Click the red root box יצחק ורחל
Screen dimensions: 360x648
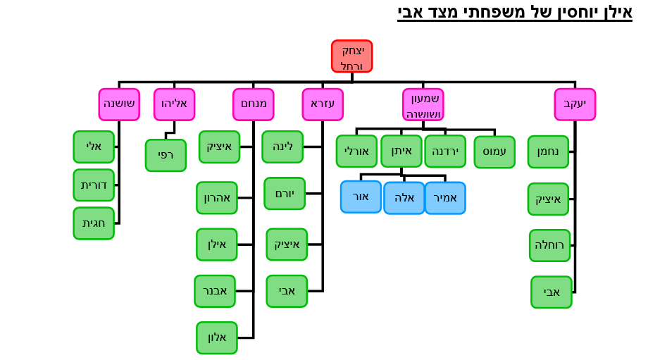tap(351, 56)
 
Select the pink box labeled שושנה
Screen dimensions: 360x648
tap(119, 104)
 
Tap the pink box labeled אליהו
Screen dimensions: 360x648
tap(174, 104)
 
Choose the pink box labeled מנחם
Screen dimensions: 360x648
tap(253, 104)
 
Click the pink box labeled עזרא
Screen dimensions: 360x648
tap(323, 104)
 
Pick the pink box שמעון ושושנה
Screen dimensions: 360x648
tap(423, 104)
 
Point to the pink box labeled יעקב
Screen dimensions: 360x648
tap(575, 104)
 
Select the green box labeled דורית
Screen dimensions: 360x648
tap(94, 185)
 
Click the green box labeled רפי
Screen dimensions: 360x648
tap(166, 155)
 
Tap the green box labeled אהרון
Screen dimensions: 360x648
tap(217, 198)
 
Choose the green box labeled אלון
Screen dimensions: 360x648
tap(217, 337)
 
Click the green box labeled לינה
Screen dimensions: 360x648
tap(282, 147)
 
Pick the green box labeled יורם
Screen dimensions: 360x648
tap(285, 194)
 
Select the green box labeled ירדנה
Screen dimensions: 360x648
tap(445, 151)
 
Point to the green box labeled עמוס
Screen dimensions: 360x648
tap(494, 152)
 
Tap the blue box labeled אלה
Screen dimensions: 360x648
tap(404, 198)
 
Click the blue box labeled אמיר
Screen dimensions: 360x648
tap(445, 198)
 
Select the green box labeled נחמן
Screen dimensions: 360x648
tap(548, 151)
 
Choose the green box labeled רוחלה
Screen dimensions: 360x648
tap(549, 245)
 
